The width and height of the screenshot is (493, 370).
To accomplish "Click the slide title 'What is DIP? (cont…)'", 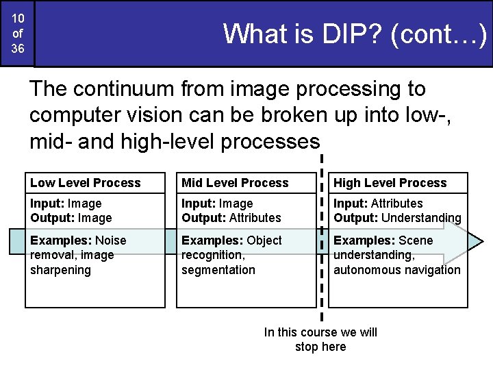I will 355,34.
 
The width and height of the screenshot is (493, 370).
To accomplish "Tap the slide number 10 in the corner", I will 18,16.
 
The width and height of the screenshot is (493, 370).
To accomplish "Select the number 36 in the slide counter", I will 18,49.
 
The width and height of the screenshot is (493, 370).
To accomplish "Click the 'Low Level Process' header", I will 86,183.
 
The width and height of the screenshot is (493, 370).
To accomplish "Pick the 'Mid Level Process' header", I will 235,183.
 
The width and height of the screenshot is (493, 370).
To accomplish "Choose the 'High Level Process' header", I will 390,183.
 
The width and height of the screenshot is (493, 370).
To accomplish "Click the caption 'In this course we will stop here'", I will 320,339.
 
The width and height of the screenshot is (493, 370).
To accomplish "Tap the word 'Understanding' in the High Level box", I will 421,218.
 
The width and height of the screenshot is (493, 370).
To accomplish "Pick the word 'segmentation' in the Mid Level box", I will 218,270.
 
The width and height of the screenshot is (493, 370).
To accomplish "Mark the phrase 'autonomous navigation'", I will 397,270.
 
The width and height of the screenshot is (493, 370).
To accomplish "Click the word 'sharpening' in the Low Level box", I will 60,270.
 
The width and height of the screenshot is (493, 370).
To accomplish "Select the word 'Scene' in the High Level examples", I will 416,240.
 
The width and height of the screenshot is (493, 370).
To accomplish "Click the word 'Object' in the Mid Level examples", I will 264,240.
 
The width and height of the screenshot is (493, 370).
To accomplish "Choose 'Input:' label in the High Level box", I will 351,203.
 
